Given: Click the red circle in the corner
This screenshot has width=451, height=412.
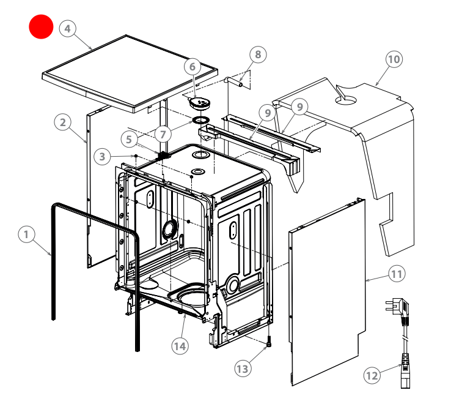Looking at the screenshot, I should [x=42, y=26].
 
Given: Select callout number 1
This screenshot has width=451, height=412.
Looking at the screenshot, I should [x=26, y=234].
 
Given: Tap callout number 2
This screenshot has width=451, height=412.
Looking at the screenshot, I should [x=62, y=122].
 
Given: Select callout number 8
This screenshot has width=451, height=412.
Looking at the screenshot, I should [x=258, y=54].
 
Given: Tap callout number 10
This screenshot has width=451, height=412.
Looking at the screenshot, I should [x=394, y=59].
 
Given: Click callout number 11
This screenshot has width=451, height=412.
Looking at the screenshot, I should [x=397, y=274].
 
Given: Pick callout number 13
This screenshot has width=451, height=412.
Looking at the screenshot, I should [x=243, y=368].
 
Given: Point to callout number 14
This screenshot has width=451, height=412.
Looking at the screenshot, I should [x=179, y=346].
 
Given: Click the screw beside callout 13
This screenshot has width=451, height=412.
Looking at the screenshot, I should [x=268, y=343].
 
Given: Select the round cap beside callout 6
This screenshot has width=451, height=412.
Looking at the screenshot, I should [x=199, y=100].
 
